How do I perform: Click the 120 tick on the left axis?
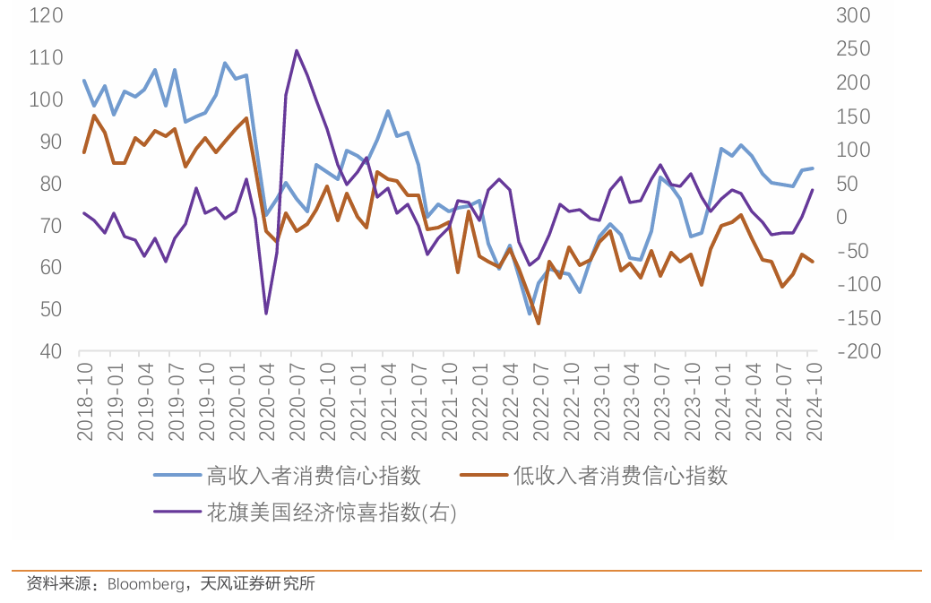[x=45, y=15]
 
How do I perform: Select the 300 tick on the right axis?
[x=852, y=15]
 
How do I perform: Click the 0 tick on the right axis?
[x=841, y=217]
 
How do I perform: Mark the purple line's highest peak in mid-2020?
[x=297, y=50]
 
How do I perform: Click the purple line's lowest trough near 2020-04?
[x=266, y=314]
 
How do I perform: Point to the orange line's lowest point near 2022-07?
[x=539, y=323]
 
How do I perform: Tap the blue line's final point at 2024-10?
[x=813, y=168]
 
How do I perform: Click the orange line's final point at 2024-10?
[x=813, y=262]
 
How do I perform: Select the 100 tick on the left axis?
[x=45, y=99]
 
